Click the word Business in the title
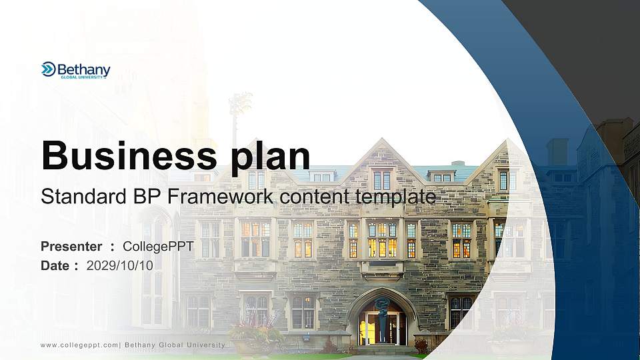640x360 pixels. [129, 155]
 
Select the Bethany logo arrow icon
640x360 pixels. [48, 69]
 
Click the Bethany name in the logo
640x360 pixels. [84, 70]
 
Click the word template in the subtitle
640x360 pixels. [396, 197]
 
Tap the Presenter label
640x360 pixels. [71, 247]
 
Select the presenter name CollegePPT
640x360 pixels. [158, 247]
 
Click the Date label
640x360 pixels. [55, 266]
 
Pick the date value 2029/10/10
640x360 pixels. [119, 266]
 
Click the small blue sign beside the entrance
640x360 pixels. [306, 339]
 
